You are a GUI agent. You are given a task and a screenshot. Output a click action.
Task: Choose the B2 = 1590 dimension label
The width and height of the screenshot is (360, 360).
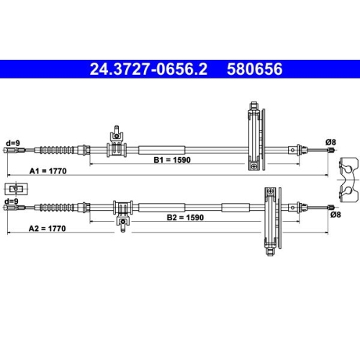(x=186, y=216)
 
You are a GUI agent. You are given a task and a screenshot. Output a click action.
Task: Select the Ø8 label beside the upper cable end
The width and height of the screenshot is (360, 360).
(x=330, y=141)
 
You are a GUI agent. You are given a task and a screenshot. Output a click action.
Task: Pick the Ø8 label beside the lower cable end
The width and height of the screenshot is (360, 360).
(x=334, y=214)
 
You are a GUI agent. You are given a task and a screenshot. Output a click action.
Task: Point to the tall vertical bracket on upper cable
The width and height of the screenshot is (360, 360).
(x=254, y=137)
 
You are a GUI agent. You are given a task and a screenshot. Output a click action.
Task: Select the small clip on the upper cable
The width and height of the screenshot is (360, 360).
(x=115, y=145)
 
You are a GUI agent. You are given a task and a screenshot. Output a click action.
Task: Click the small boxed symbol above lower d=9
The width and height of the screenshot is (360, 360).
(x=14, y=189)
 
